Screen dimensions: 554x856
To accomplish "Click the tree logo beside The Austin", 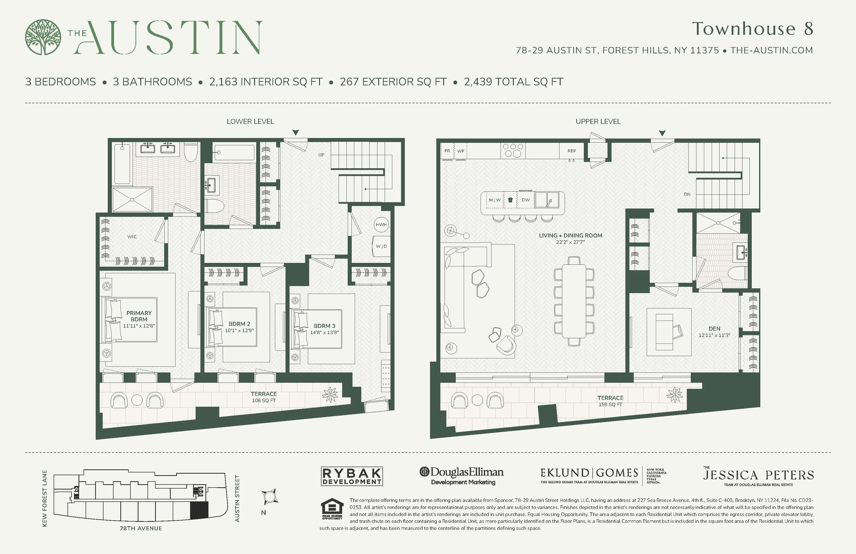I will (43, 37).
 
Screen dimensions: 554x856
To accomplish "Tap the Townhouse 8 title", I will (753, 29).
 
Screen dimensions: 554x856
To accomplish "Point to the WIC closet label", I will (132, 237).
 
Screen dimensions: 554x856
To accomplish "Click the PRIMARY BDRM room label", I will (139, 316).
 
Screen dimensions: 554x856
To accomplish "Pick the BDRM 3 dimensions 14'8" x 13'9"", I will (325, 332).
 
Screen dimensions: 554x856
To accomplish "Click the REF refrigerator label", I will (572, 151).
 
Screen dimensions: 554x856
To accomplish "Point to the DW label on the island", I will (525, 200).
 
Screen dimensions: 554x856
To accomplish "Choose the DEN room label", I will (714, 328).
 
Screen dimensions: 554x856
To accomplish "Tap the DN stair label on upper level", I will (687, 194).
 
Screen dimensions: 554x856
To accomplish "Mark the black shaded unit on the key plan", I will (199, 510).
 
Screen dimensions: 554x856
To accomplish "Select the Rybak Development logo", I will (351, 476).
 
